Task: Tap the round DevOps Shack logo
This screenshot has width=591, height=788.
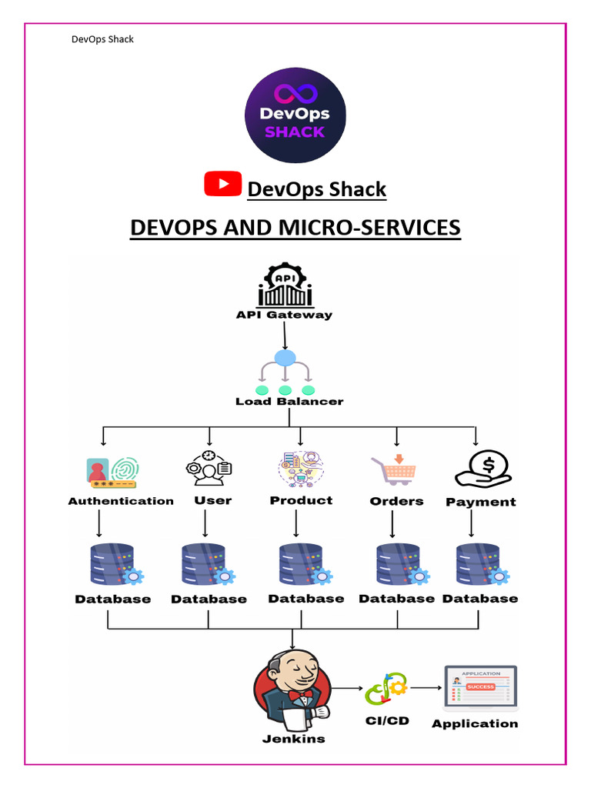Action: pyautogui.click(x=295, y=115)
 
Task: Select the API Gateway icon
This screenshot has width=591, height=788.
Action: pyautogui.click(x=285, y=285)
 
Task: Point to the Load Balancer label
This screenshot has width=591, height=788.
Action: pyautogui.click(x=289, y=401)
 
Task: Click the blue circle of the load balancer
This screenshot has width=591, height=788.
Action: pyautogui.click(x=285, y=358)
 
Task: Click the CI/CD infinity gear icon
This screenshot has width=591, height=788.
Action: pyautogui.click(x=386, y=689)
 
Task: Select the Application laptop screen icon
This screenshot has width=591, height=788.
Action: pyautogui.click(x=480, y=688)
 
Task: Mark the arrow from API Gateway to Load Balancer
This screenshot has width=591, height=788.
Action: pyautogui.click(x=285, y=336)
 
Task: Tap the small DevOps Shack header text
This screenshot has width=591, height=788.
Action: pyautogui.click(x=102, y=39)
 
